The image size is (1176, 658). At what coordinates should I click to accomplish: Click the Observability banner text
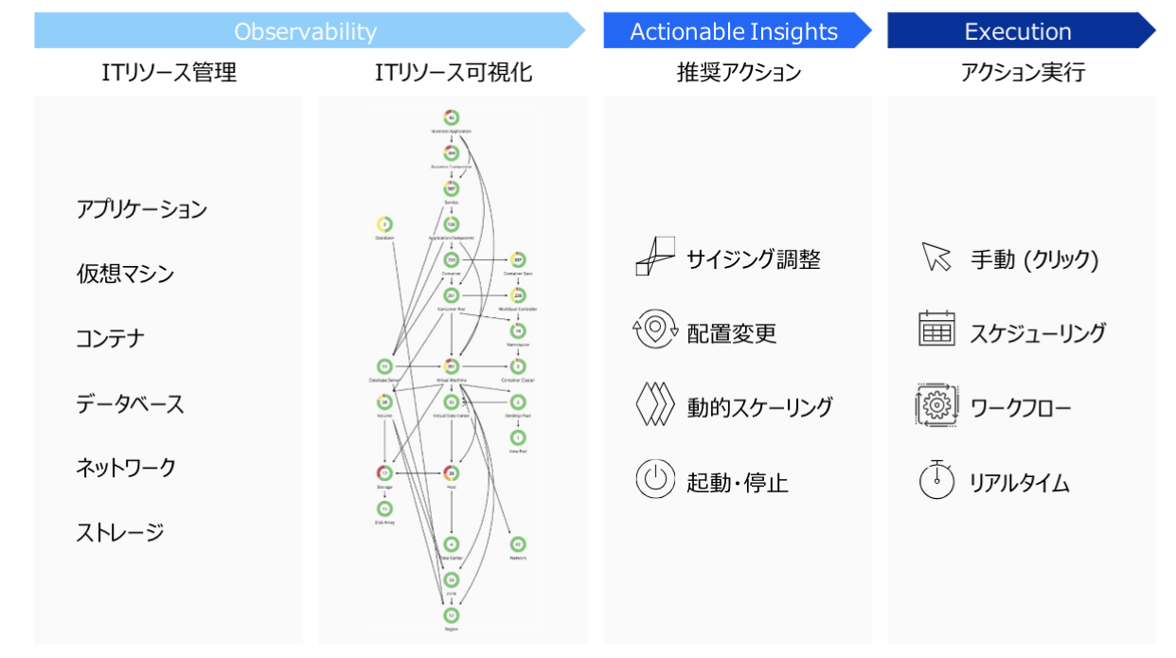click(x=305, y=31)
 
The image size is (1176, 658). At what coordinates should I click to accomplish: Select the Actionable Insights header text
click(x=734, y=31)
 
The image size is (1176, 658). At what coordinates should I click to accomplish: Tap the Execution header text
click(x=1018, y=31)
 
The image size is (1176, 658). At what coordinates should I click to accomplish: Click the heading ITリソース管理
click(x=169, y=73)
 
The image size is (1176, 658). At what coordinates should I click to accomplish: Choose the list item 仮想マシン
click(x=125, y=274)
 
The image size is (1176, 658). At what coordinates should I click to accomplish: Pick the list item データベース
click(x=130, y=403)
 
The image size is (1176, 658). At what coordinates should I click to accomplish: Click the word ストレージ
click(x=120, y=532)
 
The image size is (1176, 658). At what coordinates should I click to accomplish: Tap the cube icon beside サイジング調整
click(x=654, y=257)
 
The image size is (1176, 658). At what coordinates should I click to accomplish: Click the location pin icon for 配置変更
click(x=654, y=331)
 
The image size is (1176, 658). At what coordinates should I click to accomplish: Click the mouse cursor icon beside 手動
click(x=935, y=257)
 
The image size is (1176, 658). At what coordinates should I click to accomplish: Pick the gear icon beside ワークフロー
click(x=936, y=405)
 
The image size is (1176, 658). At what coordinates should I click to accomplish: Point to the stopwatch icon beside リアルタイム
click(x=936, y=479)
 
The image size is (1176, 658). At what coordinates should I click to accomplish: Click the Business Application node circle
click(x=452, y=118)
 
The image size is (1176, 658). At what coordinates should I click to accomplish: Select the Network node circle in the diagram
click(x=518, y=544)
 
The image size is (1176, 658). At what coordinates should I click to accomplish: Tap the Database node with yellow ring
click(x=384, y=224)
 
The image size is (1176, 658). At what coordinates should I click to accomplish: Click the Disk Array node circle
click(x=384, y=508)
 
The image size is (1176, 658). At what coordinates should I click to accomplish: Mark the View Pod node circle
click(x=518, y=437)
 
